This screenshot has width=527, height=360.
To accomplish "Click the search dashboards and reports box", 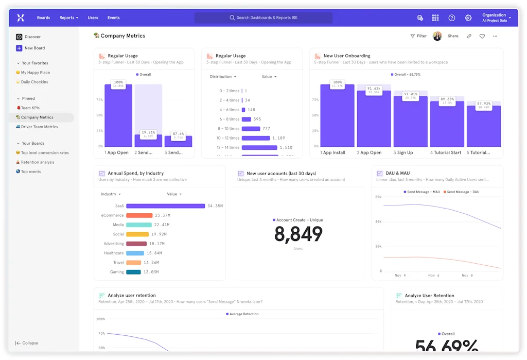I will tap(263, 18).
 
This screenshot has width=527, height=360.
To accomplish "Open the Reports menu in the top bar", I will tap(68, 18).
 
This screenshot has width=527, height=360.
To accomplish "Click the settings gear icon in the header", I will tap(468, 18).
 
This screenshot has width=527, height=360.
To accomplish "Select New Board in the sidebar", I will tap(34, 48).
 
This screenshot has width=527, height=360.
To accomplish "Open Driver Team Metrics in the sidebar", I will tap(39, 127).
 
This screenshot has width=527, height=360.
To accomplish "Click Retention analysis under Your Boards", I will tap(37, 162).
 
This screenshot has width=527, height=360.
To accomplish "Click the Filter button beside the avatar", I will tap(418, 36).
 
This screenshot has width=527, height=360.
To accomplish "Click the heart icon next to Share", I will tap(482, 36).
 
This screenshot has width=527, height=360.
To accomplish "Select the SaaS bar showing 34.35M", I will tap(165, 205).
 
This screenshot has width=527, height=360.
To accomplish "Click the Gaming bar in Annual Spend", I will tap(133, 272).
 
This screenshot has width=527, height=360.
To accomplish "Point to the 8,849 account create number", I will tap(298, 234).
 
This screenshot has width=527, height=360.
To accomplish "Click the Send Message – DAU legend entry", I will tap(462, 192).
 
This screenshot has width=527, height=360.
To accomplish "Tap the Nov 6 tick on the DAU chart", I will tap(433, 276).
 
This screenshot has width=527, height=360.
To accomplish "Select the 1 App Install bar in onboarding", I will tap(337, 116).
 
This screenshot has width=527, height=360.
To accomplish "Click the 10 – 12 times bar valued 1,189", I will tap(255, 138).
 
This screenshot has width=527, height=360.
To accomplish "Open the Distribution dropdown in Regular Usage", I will tap(223, 77).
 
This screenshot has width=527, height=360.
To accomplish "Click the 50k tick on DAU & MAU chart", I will tap(378, 197).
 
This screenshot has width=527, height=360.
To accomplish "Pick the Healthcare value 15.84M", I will tap(154, 253).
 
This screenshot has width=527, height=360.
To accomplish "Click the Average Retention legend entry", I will tap(244, 314).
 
